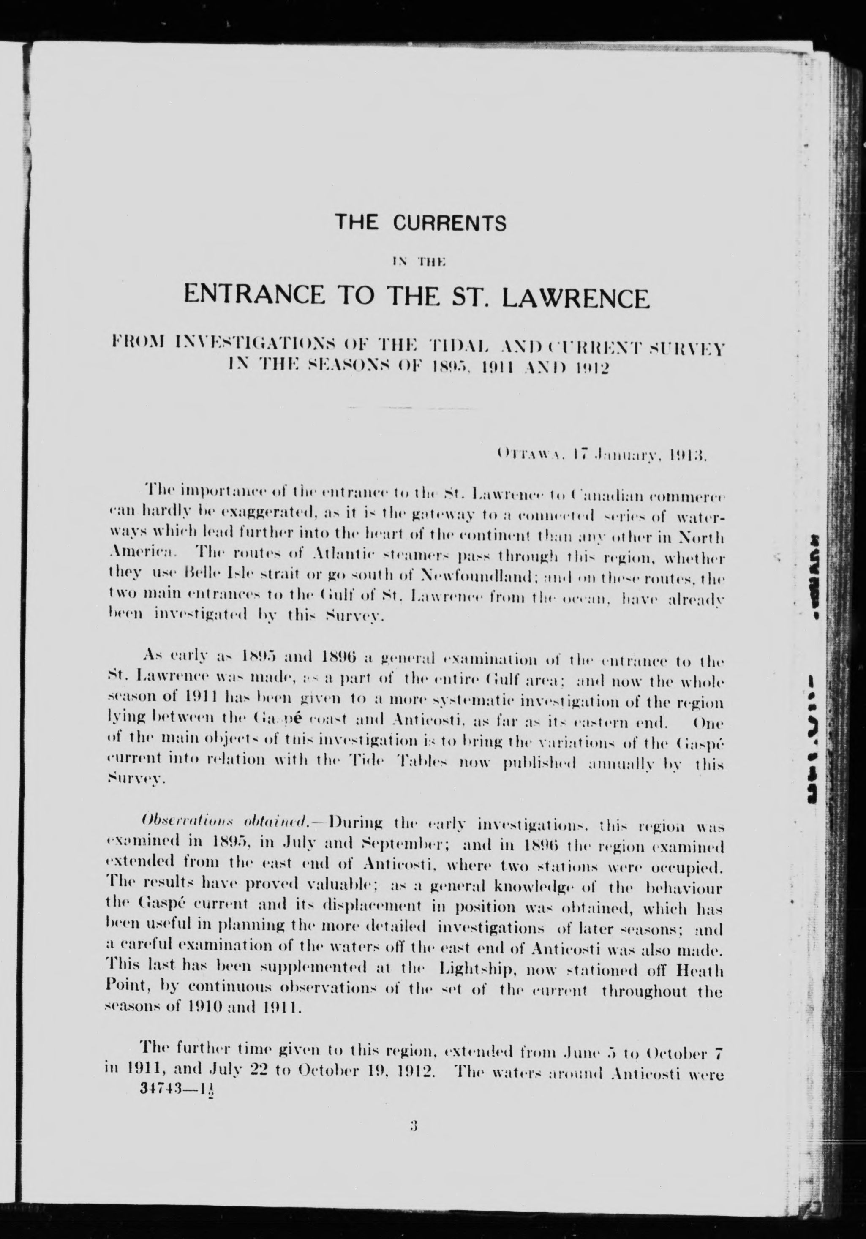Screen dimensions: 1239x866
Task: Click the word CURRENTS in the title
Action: coord(449,223)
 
